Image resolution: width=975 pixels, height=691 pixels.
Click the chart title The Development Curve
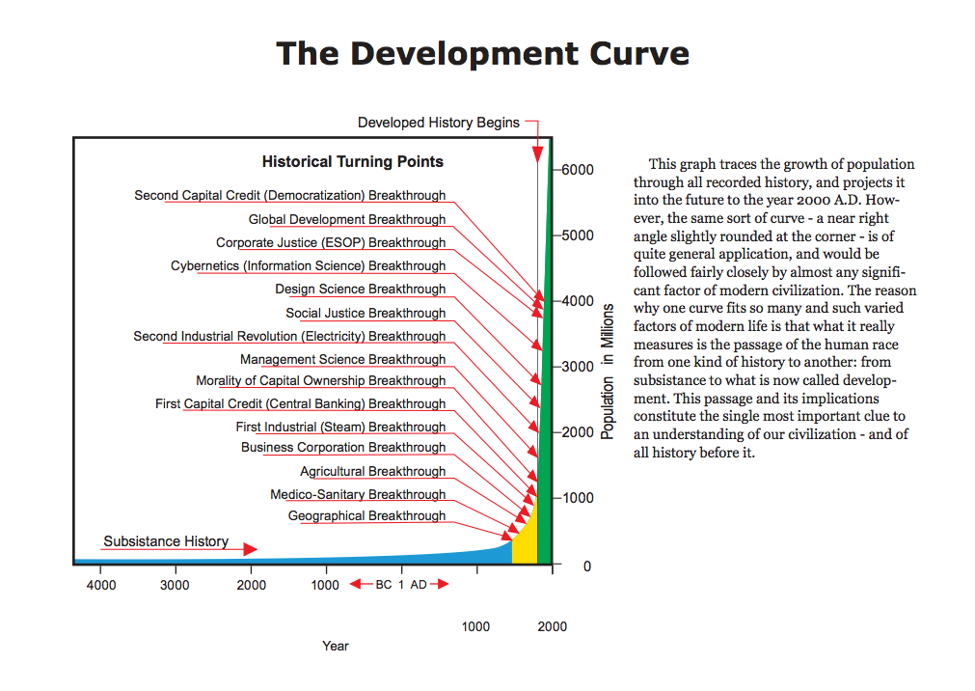482,53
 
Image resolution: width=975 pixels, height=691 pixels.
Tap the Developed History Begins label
438,123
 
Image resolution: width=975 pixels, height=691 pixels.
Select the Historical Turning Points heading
353,161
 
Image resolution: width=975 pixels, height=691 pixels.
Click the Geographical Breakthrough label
366,516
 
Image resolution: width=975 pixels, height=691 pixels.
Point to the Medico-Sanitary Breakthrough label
358,495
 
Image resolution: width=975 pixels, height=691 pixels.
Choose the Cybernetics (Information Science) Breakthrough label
308,266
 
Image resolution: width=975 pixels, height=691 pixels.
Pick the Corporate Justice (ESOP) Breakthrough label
331,243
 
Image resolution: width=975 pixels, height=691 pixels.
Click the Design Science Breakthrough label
360,290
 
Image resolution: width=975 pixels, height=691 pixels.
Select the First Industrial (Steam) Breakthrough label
340,428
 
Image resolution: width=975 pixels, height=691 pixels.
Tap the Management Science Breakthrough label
342,360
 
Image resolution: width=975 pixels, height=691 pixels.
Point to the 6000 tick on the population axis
578,170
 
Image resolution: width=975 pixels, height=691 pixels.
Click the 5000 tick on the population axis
578,235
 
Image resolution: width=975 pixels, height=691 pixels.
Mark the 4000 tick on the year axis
101,585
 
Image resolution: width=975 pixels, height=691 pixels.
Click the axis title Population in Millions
608,372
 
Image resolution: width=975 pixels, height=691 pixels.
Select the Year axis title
336,646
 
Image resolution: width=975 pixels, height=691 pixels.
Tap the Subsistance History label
166,541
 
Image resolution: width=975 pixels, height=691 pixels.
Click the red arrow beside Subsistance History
249,549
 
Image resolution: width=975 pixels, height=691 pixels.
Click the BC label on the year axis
384,585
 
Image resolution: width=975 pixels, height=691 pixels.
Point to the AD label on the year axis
419,585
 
